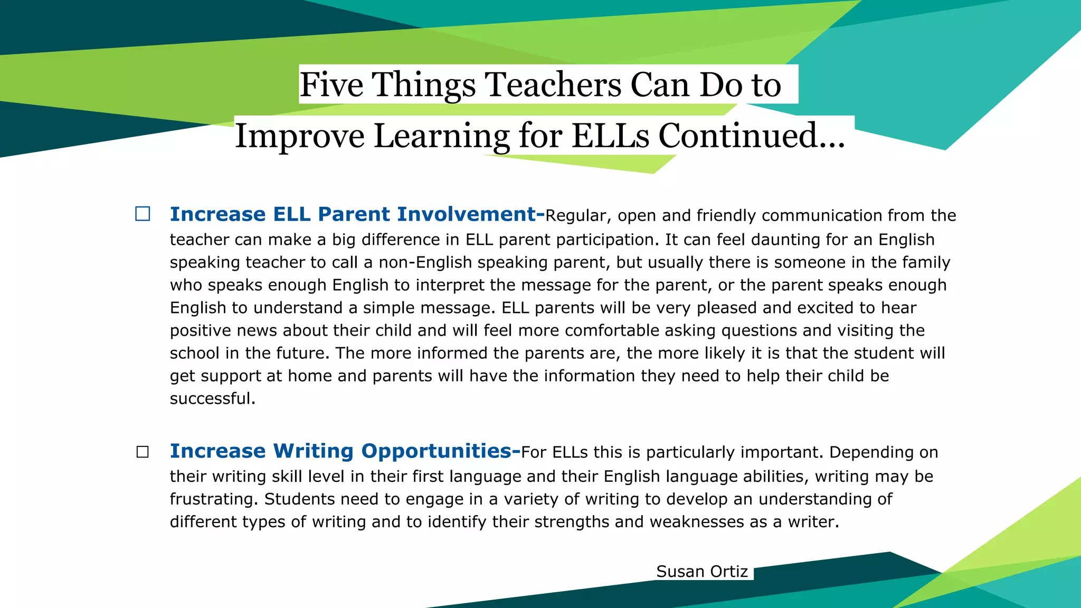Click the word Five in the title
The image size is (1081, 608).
click(331, 84)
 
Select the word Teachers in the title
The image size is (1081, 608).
click(553, 84)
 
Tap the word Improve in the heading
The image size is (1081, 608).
click(299, 136)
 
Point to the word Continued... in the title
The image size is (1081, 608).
click(752, 136)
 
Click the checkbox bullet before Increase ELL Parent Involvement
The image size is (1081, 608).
click(143, 214)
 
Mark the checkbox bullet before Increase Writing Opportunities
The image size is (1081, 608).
click(143, 452)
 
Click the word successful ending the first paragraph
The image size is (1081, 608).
click(212, 398)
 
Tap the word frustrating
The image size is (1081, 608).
click(214, 499)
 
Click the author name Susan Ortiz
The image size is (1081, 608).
click(702, 572)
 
